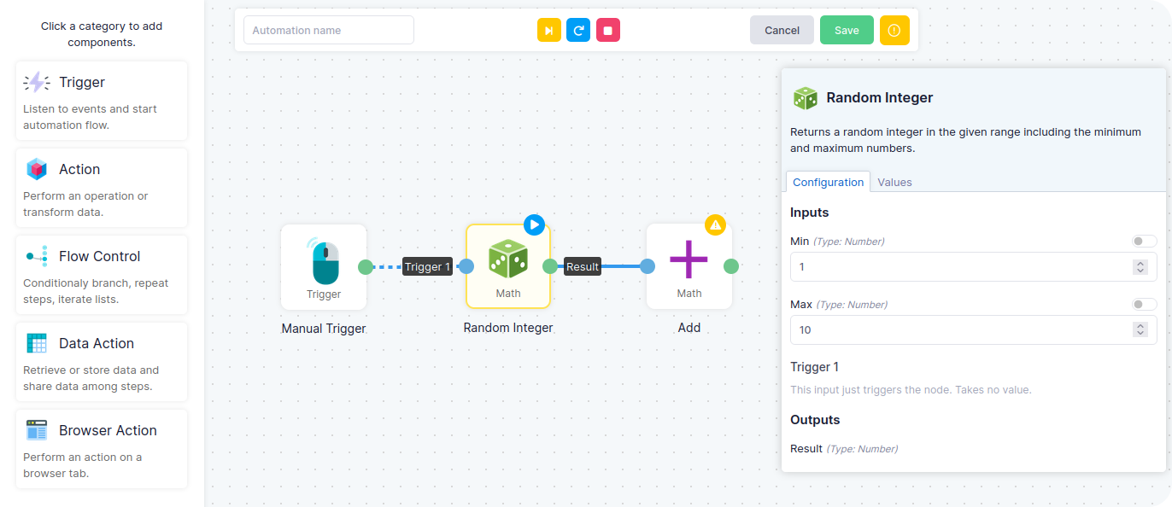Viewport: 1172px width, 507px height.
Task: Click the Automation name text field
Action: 329,30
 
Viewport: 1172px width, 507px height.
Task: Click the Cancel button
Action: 782,30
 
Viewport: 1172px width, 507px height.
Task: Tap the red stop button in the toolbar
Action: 608,30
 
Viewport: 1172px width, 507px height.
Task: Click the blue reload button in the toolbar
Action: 578,30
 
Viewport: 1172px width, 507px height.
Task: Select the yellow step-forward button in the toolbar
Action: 549,30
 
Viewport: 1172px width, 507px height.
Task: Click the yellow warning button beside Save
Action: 894,30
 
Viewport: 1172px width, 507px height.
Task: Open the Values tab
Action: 894,182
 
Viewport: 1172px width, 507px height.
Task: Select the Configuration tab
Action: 828,182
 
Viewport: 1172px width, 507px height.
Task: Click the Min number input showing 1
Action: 961,267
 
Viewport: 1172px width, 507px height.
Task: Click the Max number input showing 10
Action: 961,330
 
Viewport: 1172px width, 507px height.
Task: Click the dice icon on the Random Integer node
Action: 508,259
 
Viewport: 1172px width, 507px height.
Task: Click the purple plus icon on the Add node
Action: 689,259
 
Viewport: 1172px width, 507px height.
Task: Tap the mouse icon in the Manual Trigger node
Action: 325,260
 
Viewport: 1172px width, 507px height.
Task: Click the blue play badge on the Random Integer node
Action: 534,225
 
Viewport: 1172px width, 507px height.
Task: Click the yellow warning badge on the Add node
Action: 716,225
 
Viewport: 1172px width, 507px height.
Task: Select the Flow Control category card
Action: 102,275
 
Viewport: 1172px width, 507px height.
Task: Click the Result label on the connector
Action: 583,266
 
